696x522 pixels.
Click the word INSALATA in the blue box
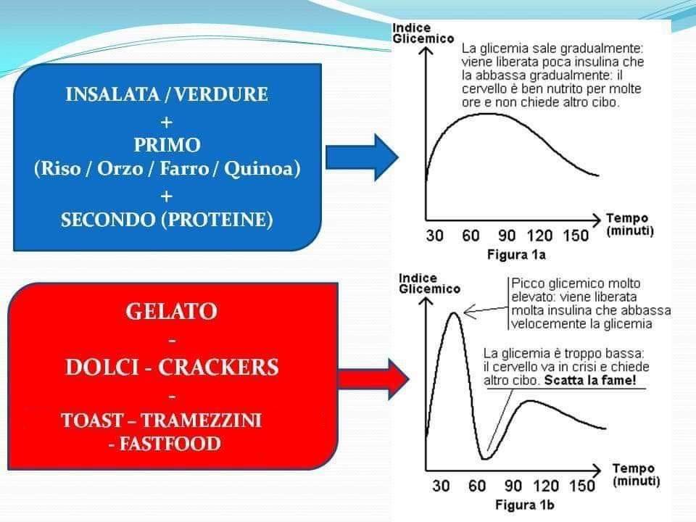[113, 94]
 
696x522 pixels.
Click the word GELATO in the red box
[172, 311]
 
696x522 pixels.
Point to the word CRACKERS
[218, 367]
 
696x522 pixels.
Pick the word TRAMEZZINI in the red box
[202, 420]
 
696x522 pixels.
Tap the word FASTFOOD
[170, 444]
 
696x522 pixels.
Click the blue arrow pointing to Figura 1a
[362, 157]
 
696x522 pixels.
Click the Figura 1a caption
[516, 254]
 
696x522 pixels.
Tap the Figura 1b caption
[525, 505]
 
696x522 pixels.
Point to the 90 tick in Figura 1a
[507, 236]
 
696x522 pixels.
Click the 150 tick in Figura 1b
[582, 486]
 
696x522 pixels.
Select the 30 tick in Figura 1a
[434, 236]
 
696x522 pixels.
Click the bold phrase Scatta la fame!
[590, 381]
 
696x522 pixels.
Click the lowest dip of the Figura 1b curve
[485, 458]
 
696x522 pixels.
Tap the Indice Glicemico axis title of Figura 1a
[423, 34]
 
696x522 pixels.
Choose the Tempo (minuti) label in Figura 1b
[636, 474]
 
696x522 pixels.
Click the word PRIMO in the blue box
[167, 145]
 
